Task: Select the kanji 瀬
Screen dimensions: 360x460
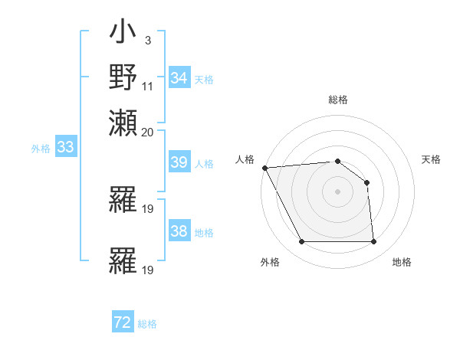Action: (123, 123)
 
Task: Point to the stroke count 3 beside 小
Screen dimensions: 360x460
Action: (147, 41)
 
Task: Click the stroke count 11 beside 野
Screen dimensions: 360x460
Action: (148, 86)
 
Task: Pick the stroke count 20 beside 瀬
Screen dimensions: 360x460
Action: (148, 132)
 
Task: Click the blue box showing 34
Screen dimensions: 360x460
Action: (179, 78)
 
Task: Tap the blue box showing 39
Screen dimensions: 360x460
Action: (179, 162)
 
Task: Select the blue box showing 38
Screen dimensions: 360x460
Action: (179, 231)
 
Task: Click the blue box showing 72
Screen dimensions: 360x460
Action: (123, 323)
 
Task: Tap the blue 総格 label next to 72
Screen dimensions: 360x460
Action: (147, 324)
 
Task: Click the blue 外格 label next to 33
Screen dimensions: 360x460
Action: (41, 149)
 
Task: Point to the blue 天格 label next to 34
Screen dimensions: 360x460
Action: (204, 79)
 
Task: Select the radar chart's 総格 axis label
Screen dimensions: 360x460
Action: (338, 100)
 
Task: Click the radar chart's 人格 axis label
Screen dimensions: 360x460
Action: (245, 159)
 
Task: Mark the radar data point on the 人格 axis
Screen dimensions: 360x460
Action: (264, 168)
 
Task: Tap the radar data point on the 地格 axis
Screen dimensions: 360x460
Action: (373, 242)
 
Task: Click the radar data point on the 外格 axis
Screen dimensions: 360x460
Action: (301, 242)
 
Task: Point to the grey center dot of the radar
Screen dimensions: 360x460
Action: (338, 191)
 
